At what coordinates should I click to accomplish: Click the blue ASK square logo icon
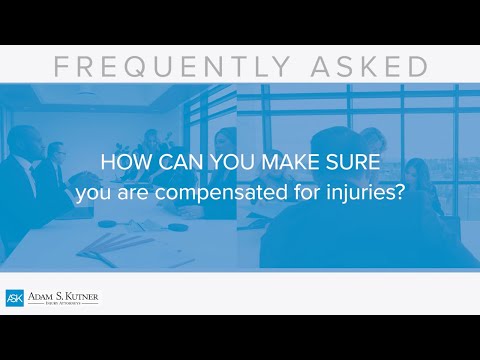pos(14,298)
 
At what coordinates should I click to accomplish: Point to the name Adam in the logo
pos(41,296)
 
